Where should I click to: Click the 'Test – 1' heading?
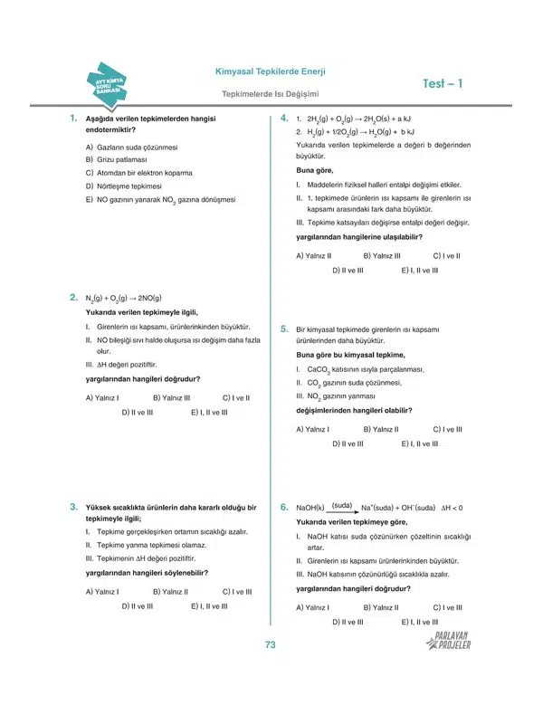(443, 84)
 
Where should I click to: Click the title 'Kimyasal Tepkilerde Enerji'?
(270, 71)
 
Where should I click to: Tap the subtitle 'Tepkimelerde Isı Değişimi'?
(269, 93)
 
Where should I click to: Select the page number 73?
(270, 644)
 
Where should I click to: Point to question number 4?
(283, 119)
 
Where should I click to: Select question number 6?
(283, 507)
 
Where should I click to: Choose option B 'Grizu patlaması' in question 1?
(115, 159)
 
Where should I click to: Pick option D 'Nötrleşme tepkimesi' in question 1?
(123, 186)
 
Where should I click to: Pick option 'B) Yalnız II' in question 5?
(381, 429)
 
